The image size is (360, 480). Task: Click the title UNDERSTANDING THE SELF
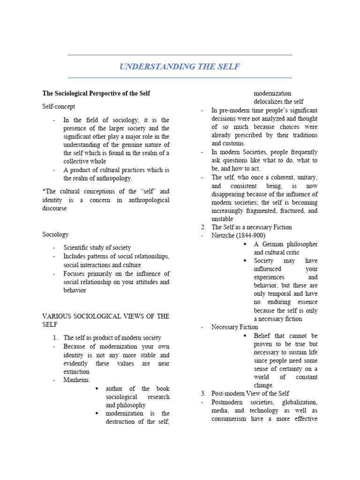(180, 67)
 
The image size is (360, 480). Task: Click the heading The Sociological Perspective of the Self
(96, 93)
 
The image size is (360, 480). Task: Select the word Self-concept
(59, 106)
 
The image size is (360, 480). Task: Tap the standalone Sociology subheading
(55, 234)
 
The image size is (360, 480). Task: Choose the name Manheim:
(77, 380)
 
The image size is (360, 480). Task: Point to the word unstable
(222, 219)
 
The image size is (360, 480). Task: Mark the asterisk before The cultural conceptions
(44, 191)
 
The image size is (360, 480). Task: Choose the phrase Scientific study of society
(97, 247)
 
